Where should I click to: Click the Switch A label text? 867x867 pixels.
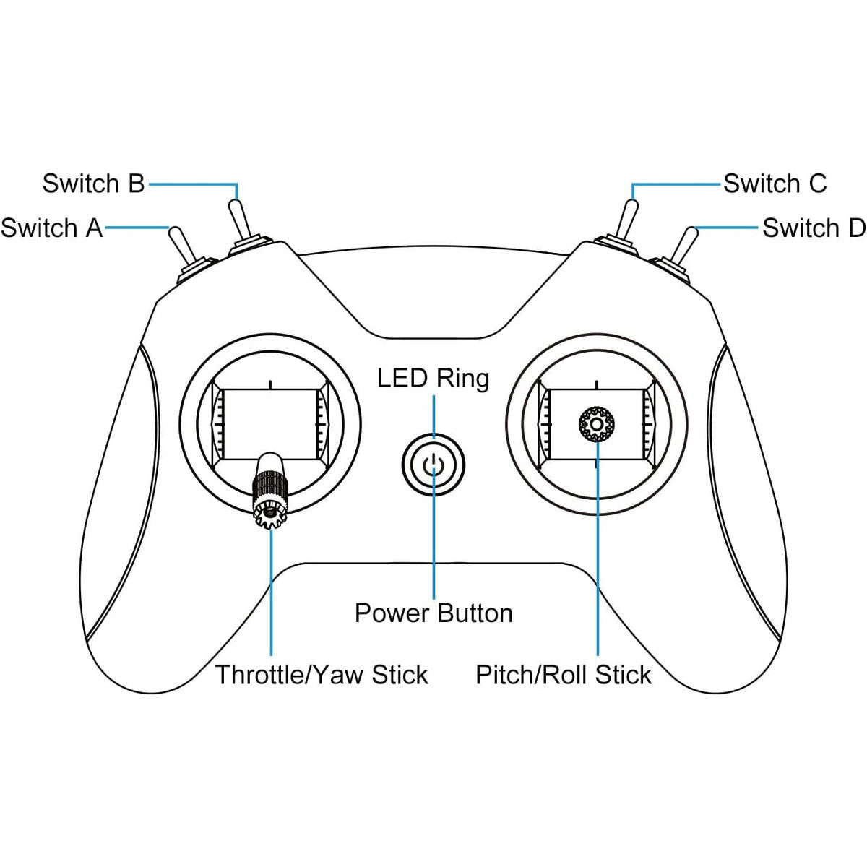52,228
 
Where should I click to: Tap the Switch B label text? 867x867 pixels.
94,184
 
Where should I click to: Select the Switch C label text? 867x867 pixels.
775,184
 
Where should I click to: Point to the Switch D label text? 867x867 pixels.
814,228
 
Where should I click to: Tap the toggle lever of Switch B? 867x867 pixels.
238,220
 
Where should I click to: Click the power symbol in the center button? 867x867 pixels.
433,463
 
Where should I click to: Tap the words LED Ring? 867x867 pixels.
433,379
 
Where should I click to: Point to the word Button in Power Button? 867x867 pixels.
475,613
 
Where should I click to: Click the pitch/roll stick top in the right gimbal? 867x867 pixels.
597,424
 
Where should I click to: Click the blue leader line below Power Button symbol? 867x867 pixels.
433,534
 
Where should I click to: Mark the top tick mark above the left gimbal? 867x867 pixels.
270,384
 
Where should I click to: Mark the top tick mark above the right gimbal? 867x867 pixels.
597,384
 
